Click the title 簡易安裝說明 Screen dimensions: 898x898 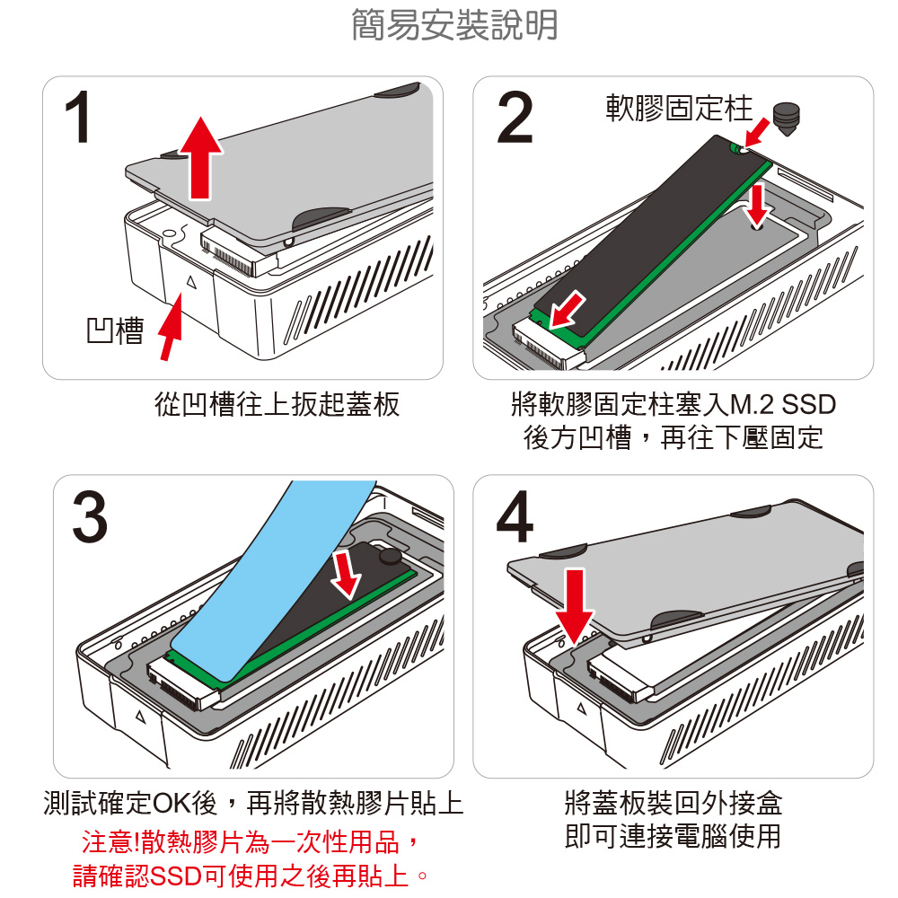coord(453,25)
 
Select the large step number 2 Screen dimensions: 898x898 coord(515,118)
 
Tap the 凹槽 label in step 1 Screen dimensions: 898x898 coord(115,331)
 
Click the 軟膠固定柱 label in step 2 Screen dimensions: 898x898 coord(679,109)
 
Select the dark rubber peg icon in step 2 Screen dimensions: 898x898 coord(787,119)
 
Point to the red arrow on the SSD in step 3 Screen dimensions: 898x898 coord(347,573)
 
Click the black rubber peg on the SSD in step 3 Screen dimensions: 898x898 coord(390,557)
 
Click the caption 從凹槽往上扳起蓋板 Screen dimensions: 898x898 coord(277,405)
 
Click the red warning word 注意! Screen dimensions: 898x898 coord(109,843)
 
